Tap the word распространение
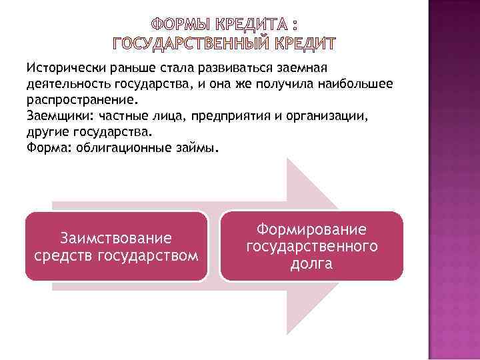tap(81, 99)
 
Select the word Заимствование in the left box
tap(116, 238)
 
